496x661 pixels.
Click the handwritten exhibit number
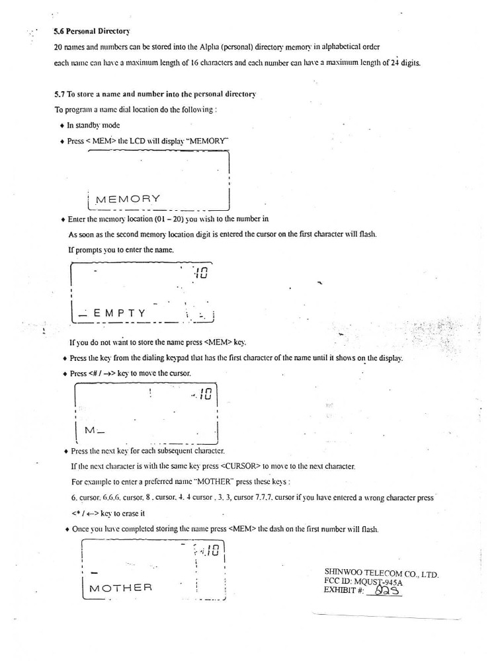tap(388, 592)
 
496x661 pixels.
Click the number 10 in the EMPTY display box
tap(202, 271)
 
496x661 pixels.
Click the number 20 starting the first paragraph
tap(59, 49)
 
